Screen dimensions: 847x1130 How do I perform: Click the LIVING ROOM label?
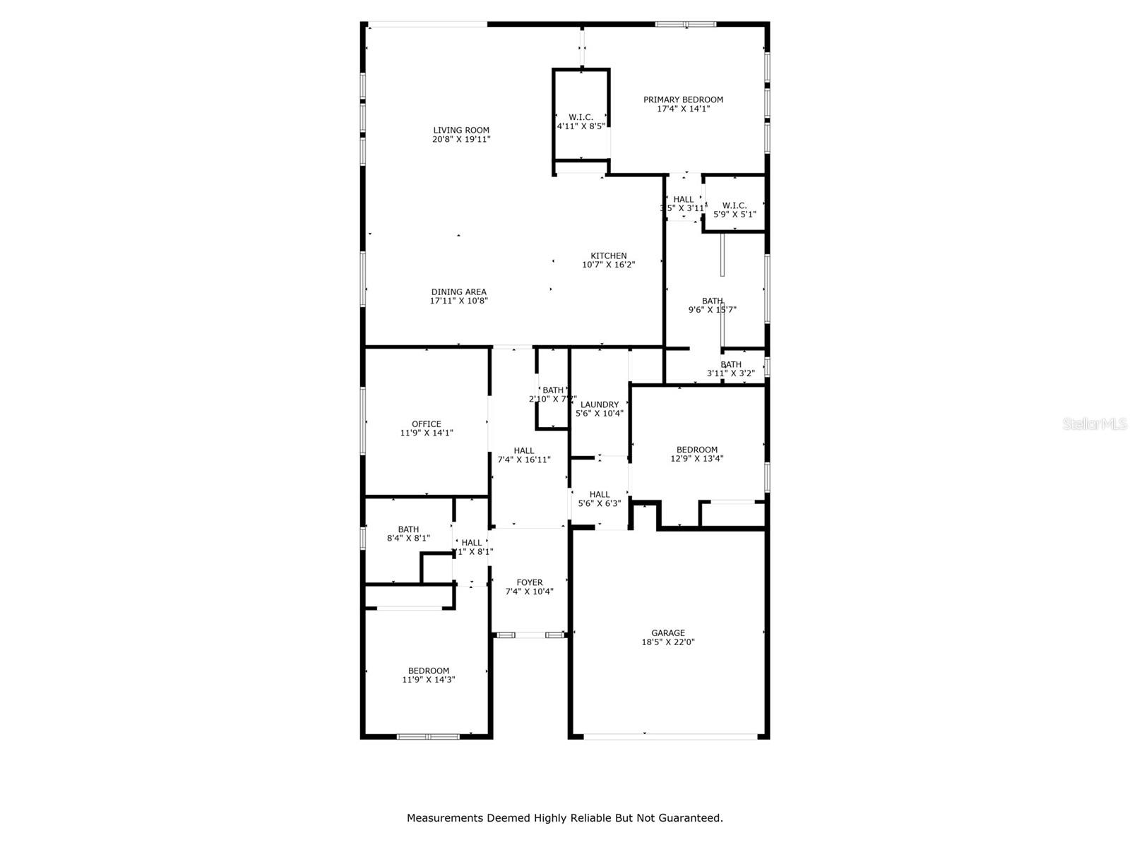tap(461, 130)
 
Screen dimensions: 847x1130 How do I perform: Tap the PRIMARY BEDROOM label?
tap(683, 100)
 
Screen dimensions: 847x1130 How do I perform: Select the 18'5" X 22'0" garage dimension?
tap(667, 642)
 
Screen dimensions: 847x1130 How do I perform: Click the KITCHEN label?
tap(608, 256)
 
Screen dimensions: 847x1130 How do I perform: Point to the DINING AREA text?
tap(458, 292)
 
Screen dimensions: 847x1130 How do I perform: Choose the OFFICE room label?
tap(427, 424)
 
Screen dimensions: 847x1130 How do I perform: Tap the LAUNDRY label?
tap(599, 404)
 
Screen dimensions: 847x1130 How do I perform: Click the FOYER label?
tap(529, 582)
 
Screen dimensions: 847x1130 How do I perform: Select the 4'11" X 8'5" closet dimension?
tap(581, 126)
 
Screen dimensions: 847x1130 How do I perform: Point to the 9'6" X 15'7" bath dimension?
tap(712, 309)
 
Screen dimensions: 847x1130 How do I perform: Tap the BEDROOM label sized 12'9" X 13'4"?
tap(696, 450)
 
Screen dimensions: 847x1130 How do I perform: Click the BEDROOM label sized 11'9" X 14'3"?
tap(428, 671)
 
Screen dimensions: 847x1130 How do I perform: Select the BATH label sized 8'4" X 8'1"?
tap(408, 529)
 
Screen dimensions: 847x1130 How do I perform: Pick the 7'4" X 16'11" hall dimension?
tap(524, 459)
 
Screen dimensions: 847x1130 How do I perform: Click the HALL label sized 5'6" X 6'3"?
tap(599, 494)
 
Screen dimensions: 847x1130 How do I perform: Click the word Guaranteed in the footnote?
tap(689, 818)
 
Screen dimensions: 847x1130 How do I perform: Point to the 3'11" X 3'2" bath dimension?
tap(731, 373)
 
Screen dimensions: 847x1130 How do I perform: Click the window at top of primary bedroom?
tap(685, 25)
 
